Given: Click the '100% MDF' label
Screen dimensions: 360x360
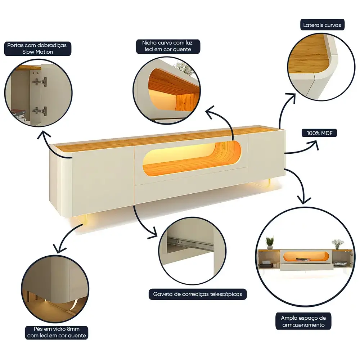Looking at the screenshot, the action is pos(319,133).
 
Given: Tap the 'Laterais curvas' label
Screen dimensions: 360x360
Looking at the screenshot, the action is pos(322,25).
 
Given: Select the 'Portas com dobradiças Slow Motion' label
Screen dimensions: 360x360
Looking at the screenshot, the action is pos(37,49).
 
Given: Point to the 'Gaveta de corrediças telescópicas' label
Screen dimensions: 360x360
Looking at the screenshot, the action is pos(197,294).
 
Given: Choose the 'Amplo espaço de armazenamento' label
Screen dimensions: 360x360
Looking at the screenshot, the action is pos(303,321).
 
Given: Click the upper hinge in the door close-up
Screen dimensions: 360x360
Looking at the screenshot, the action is pos(40,81).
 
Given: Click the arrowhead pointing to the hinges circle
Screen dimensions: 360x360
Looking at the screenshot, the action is pos(44,135).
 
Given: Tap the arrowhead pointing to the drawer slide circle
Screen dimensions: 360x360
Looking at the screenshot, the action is pos(153,233).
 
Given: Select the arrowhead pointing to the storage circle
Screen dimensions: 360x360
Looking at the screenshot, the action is pos(304,200).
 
